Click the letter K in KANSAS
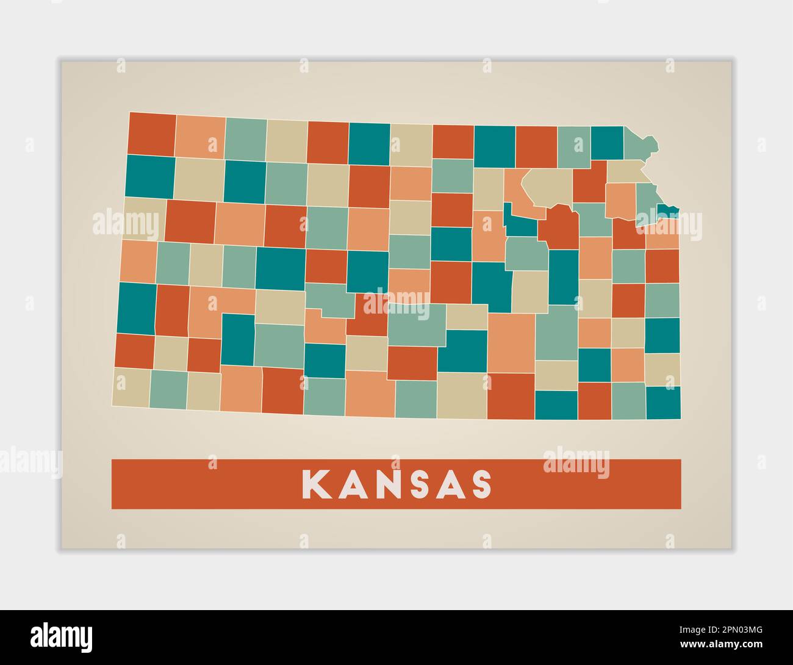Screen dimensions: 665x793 [x=315, y=484]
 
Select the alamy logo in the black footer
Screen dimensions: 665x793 [x=62, y=637]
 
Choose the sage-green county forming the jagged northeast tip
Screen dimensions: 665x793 [x=640, y=143]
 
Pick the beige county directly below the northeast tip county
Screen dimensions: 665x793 [x=625, y=171]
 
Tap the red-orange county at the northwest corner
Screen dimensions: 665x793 [x=152, y=134]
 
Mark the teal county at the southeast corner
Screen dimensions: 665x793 [x=663, y=403]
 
